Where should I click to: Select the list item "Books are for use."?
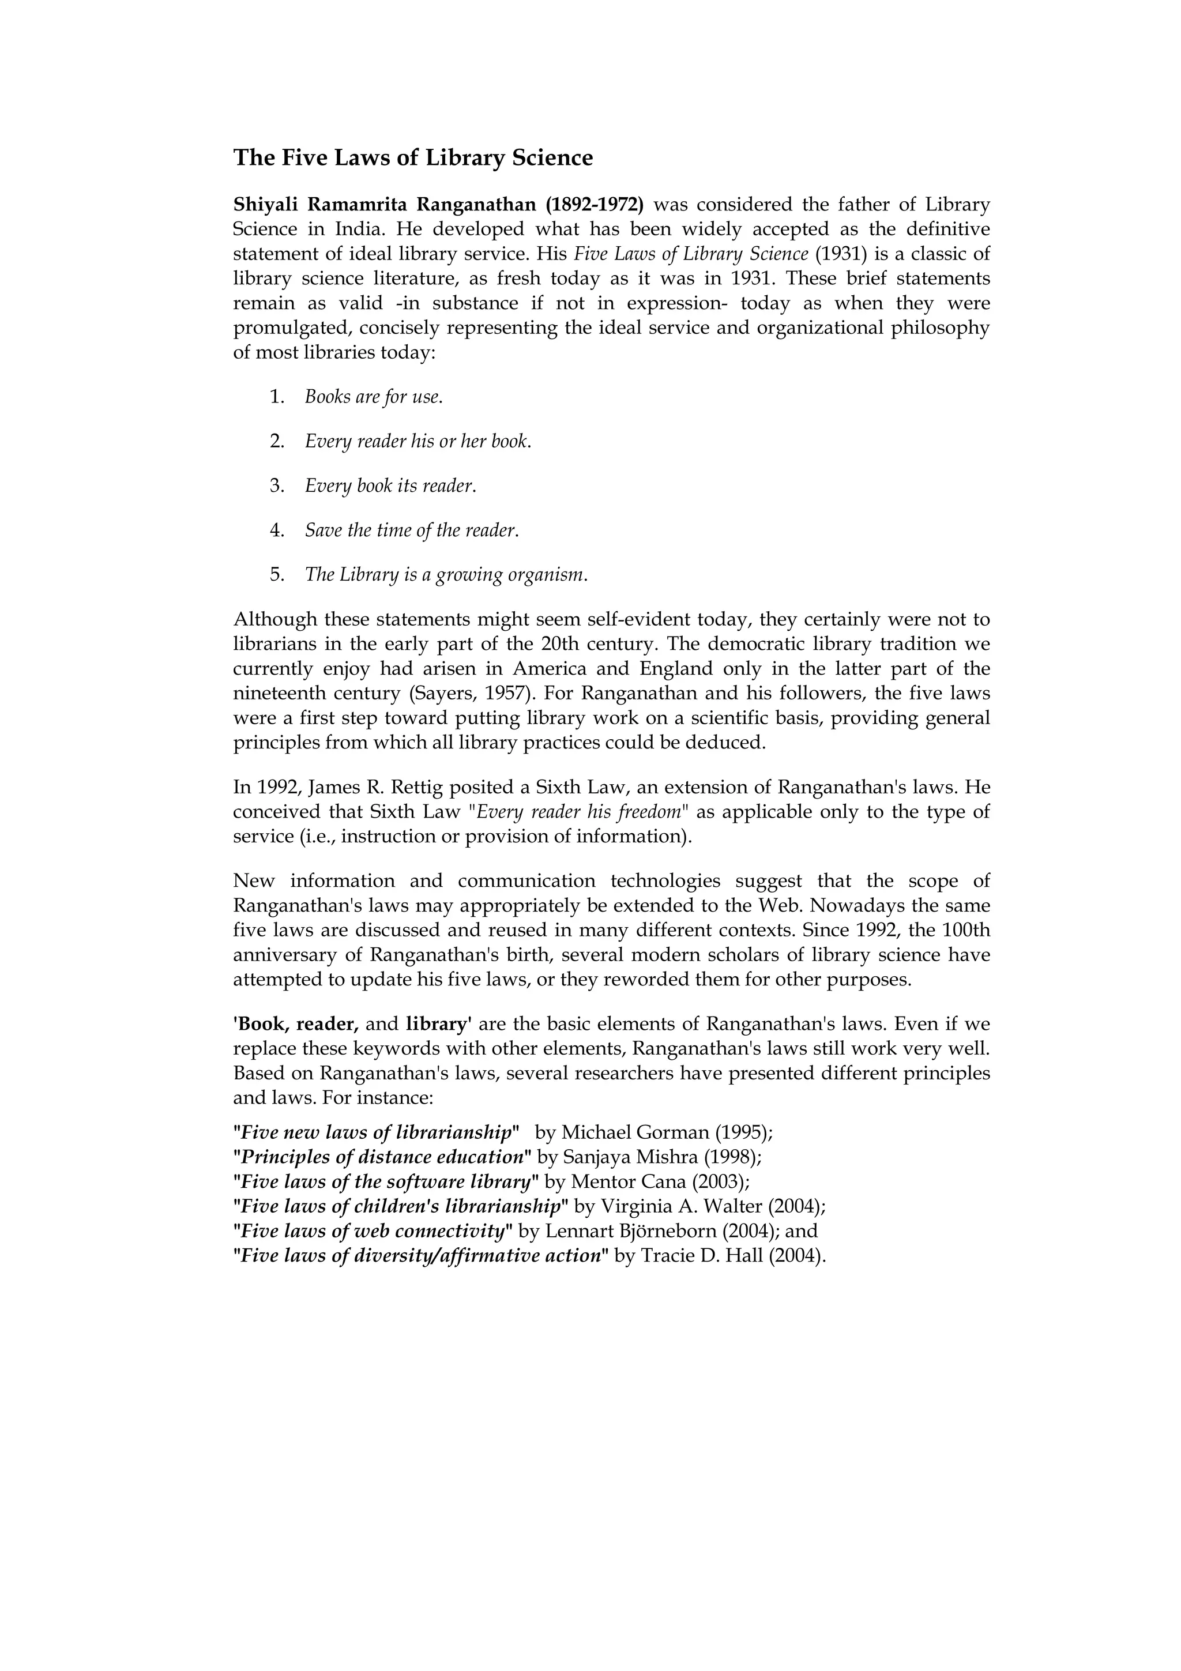373,397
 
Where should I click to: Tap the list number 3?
277,486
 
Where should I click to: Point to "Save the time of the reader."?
412,530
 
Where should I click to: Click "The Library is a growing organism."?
445,575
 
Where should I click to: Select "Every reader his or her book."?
418,441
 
